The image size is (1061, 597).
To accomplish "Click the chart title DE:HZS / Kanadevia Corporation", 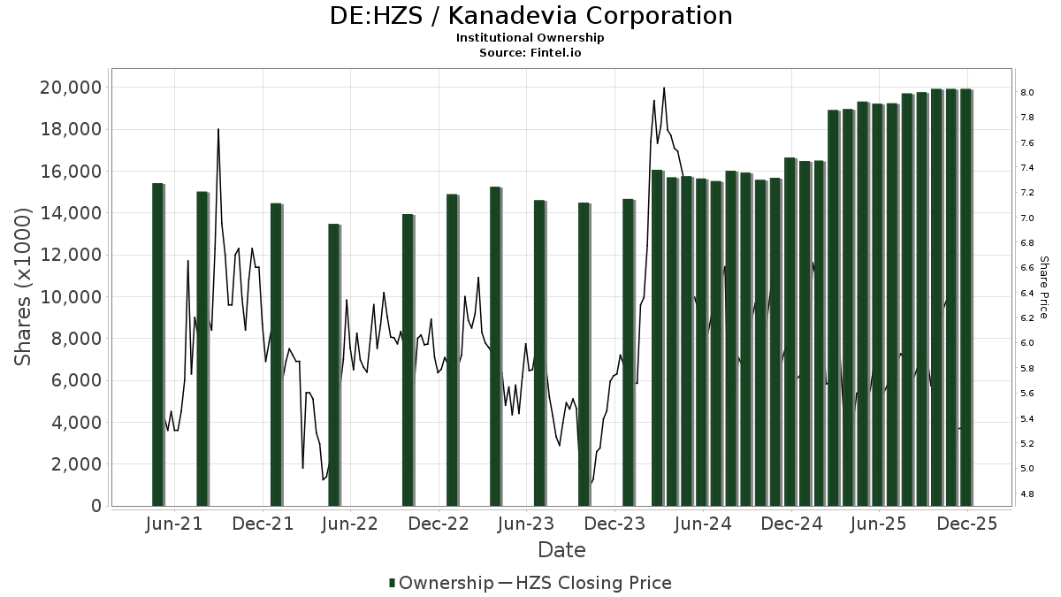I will pyautogui.click(x=530, y=16).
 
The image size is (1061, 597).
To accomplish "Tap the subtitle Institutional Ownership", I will pyautogui.click(x=530, y=38).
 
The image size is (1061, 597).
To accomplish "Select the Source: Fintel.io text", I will pyautogui.click(x=530, y=53).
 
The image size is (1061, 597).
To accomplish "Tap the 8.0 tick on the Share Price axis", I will pyautogui.click(x=1027, y=92).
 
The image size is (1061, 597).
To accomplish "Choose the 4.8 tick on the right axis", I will pyautogui.click(x=1027, y=494).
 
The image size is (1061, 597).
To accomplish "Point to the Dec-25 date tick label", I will pyautogui.click(x=966, y=524).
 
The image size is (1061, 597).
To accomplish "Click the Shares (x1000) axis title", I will pyautogui.click(x=25, y=287).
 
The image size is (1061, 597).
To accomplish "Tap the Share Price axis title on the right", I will pyautogui.click(x=1043, y=287).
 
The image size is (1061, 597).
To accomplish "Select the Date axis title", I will pyautogui.click(x=561, y=550).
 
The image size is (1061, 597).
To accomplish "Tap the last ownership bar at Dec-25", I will pyautogui.click(x=966, y=297).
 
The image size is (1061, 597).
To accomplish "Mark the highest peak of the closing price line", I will pyautogui.click(x=663, y=88).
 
